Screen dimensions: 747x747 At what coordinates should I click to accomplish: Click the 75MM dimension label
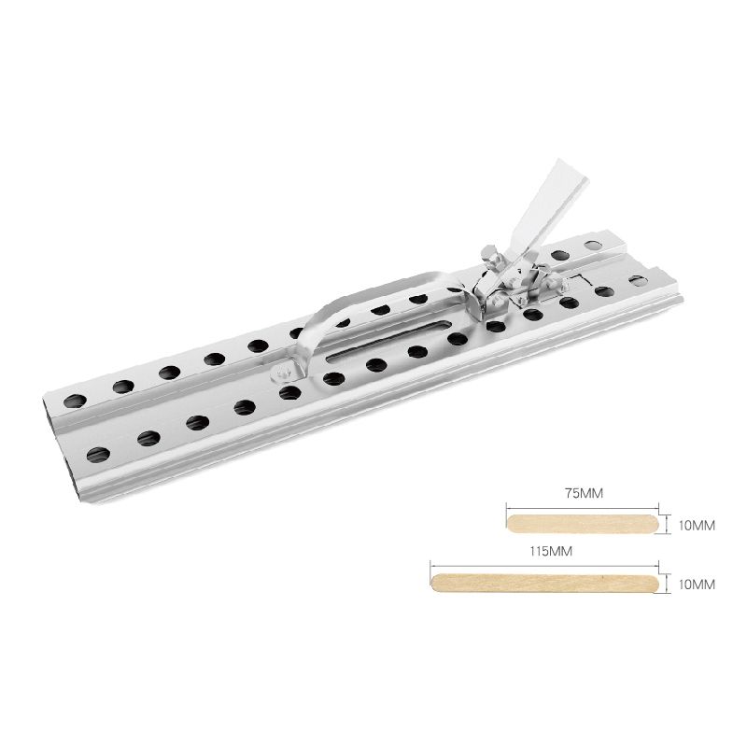[584, 493]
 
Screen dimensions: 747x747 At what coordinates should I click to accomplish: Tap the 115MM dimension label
[551, 551]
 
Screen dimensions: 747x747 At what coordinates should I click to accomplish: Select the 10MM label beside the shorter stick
[697, 526]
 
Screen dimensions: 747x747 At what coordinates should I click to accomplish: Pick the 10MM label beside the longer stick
[697, 585]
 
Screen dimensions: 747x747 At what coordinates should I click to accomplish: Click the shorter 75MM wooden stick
[583, 524]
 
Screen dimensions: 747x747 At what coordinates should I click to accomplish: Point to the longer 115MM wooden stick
[544, 583]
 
